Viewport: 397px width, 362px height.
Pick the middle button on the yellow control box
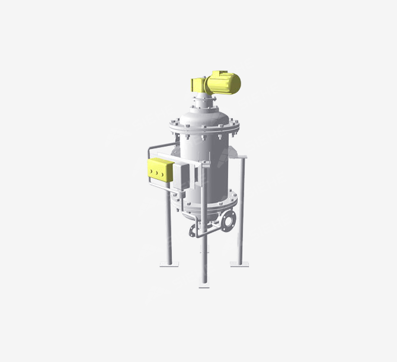(x=156, y=173)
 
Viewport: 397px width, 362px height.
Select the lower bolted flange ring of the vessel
(x=204, y=204)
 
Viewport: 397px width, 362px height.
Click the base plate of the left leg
(x=168, y=265)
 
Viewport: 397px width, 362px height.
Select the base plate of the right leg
(x=240, y=263)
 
